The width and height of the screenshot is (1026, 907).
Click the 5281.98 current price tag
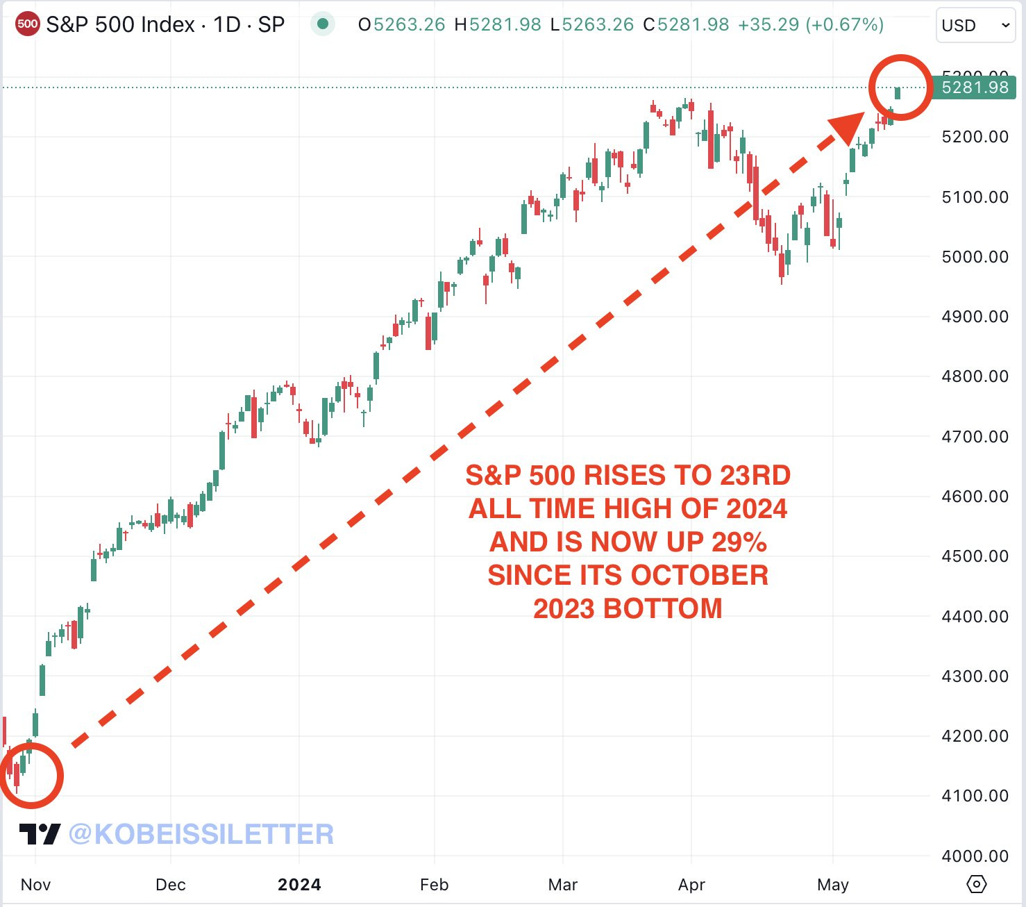tap(975, 88)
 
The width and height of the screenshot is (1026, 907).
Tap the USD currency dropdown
tap(974, 26)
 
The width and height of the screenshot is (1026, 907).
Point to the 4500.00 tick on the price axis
tap(975, 556)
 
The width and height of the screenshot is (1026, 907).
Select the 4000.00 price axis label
tap(975, 856)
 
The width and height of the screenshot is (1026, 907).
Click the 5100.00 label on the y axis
tap(975, 197)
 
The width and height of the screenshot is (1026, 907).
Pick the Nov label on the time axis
tap(35, 885)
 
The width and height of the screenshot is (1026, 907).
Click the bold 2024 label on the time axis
tap(299, 885)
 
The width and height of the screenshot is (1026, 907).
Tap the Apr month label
tap(691, 885)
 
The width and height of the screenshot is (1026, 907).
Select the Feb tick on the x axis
tap(435, 885)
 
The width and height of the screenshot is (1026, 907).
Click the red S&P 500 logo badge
tap(27, 24)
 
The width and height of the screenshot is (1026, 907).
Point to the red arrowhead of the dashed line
tap(848, 128)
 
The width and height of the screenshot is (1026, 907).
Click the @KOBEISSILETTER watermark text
tap(201, 834)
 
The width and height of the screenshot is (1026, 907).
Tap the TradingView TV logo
tap(40, 833)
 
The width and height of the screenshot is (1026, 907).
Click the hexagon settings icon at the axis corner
tap(976, 884)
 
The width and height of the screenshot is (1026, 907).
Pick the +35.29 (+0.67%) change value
tap(810, 25)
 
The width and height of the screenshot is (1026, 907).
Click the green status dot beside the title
tap(322, 24)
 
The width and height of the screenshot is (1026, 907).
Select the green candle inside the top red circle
tap(898, 93)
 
